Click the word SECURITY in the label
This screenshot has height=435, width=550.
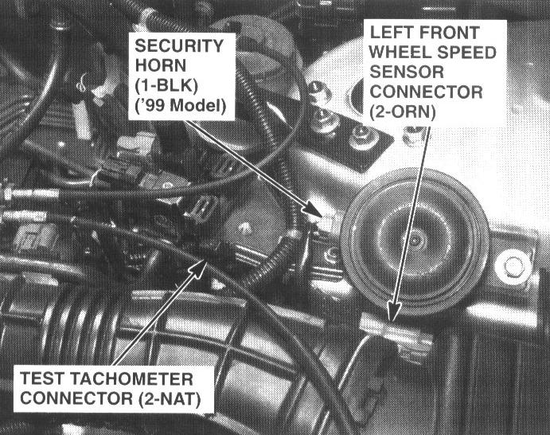[179, 46]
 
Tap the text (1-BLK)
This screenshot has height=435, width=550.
[166, 85]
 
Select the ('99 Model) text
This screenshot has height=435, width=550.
[181, 105]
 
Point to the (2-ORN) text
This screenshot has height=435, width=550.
[402, 112]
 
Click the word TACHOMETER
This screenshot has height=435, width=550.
[131, 379]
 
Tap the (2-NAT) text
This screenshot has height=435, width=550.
[170, 399]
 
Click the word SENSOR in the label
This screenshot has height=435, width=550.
[407, 72]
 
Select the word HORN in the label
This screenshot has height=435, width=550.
[160, 65]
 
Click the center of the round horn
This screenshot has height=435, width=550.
[415, 240]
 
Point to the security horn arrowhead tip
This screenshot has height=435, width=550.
[322, 216]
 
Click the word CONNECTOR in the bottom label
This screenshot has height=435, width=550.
[76, 399]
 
